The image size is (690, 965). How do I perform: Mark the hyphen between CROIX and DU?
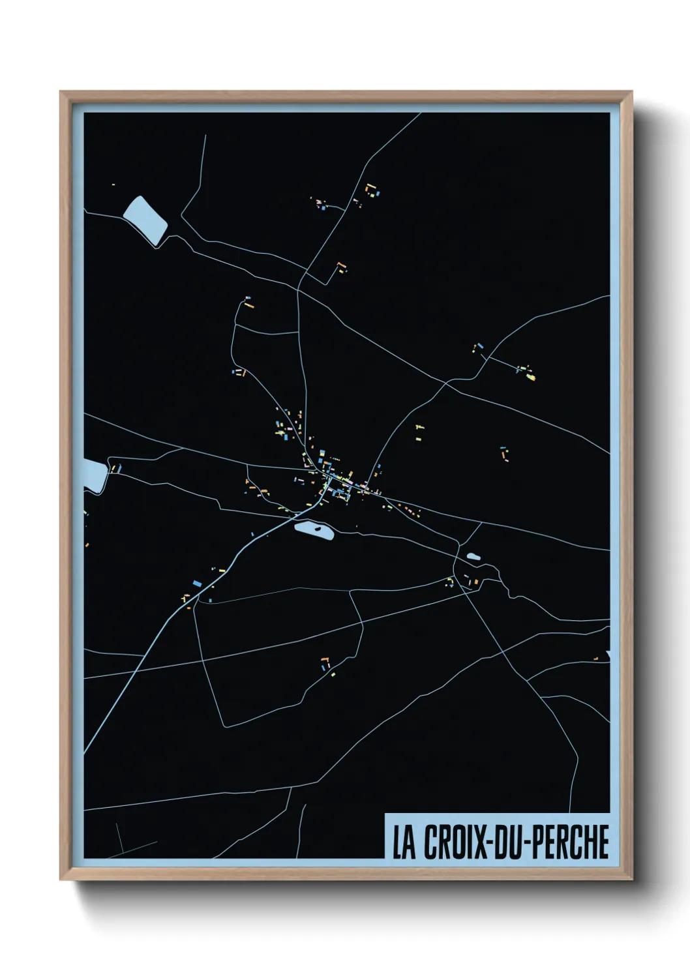pos(490,843)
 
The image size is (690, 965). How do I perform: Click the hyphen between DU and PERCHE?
pos(529,843)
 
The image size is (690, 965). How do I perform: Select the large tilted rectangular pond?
pos(145,220)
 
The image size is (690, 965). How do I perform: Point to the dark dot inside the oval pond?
pos(318,530)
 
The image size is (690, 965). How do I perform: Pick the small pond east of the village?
pos(473,556)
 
